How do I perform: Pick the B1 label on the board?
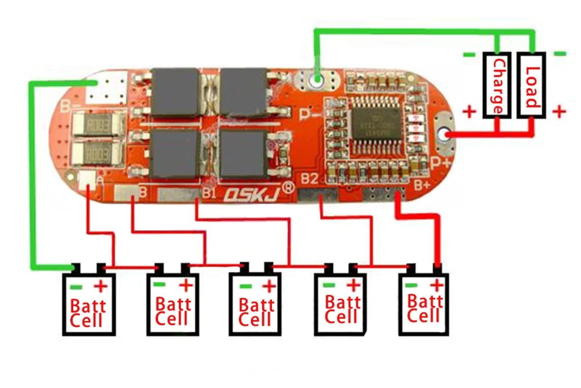click(209, 193)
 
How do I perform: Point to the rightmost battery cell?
click(425, 302)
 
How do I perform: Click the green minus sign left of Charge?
click(469, 55)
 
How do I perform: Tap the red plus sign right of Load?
click(558, 111)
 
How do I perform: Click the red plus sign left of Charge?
click(469, 111)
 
